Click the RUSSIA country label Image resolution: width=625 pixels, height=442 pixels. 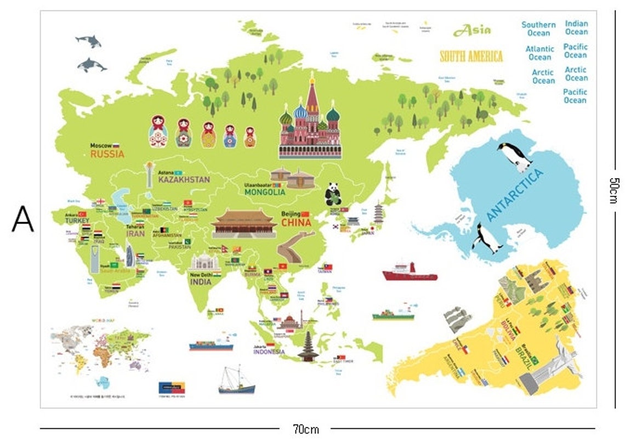(107, 154)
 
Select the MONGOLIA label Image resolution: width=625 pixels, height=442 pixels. (265, 192)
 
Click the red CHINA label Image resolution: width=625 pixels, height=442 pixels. (296, 223)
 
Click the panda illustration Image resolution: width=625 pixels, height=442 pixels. (332, 193)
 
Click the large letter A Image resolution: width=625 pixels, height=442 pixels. (22, 219)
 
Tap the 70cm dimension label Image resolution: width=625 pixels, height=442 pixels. (305, 429)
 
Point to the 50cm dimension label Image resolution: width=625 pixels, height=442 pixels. (613, 190)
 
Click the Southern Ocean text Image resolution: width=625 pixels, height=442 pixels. (538, 29)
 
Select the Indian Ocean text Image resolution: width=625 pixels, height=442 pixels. (576, 27)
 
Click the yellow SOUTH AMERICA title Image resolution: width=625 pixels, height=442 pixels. (471, 56)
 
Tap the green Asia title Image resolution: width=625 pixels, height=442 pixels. (472, 30)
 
